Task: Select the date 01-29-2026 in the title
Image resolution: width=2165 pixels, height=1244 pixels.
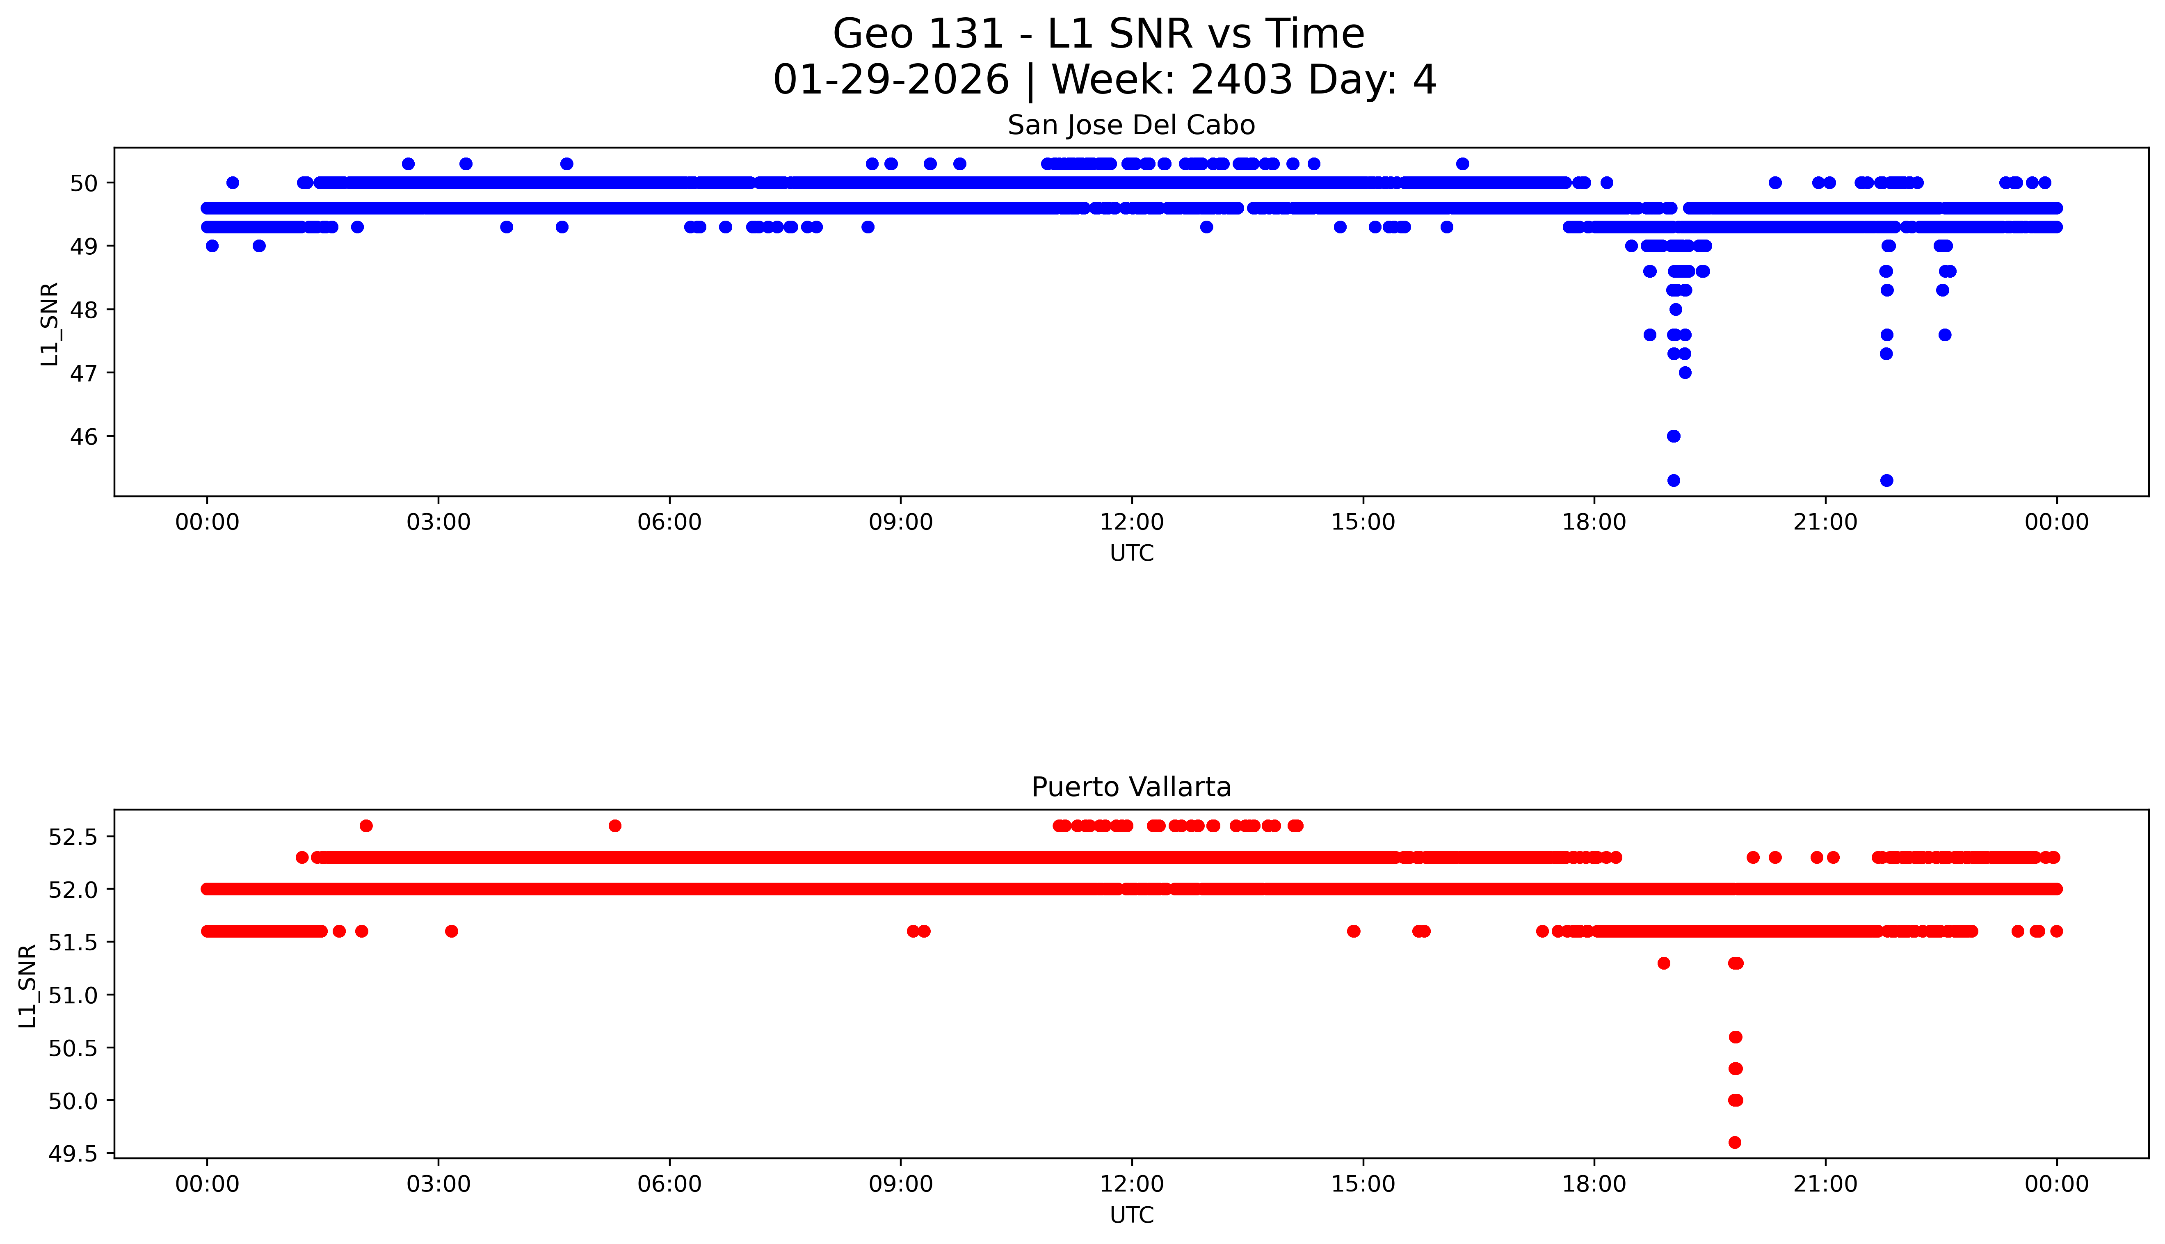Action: click(890, 80)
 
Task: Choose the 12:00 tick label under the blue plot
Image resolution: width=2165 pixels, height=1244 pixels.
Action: click(1131, 522)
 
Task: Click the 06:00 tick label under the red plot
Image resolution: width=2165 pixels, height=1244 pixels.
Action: click(669, 1184)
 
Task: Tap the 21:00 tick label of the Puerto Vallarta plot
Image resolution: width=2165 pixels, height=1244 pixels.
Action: click(1825, 1184)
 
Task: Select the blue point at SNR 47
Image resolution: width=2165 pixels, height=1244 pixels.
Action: click(1685, 372)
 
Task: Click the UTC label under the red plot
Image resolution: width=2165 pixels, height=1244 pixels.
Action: click(1131, 1214)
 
